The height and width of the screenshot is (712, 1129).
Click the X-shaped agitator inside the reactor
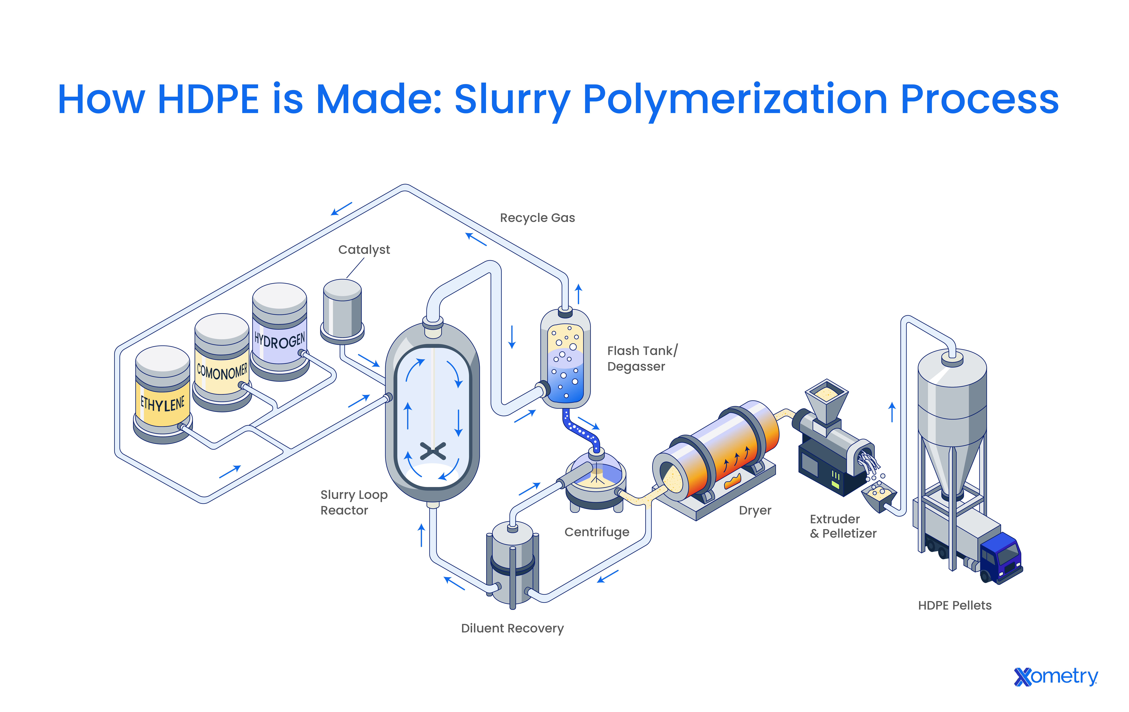(433, 451)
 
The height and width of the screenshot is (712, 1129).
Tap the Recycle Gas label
(537, 218)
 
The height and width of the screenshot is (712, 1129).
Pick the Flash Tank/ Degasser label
(642, 358)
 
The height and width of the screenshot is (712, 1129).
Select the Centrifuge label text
(597, 532)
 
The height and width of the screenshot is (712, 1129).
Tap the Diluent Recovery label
(512, 628)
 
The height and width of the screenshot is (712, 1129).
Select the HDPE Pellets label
(955, 605)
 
